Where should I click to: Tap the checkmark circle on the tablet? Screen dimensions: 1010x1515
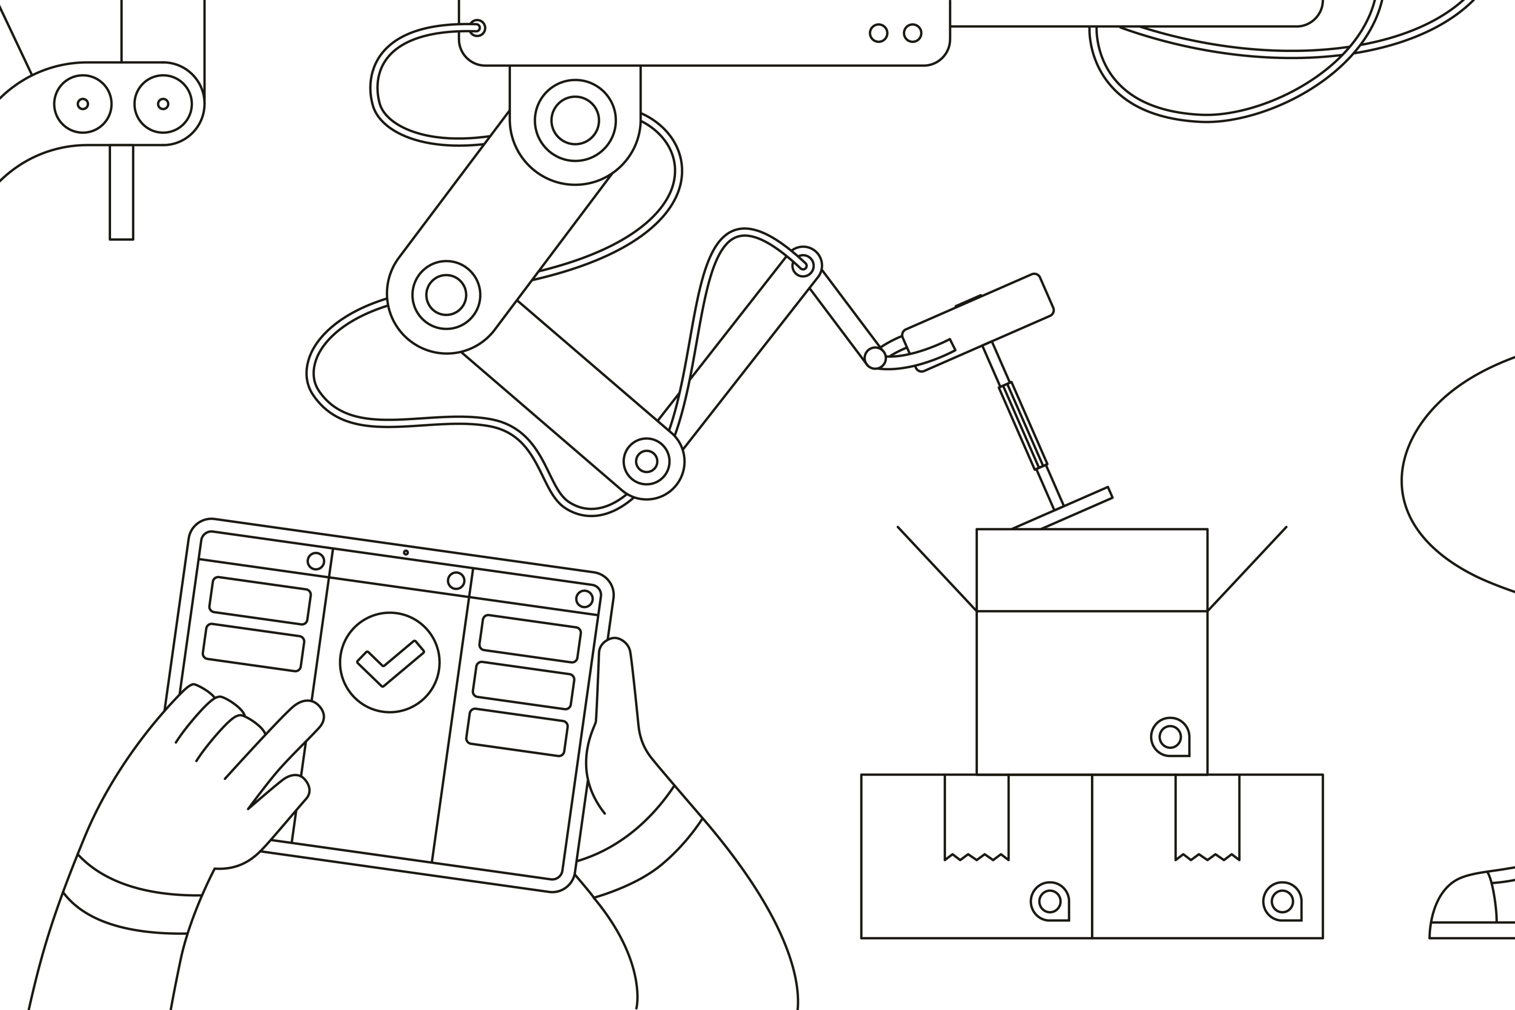pos(390,662)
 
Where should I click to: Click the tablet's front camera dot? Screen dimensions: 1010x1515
pos(405,552)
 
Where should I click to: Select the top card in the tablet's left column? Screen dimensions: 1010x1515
pos(260,600)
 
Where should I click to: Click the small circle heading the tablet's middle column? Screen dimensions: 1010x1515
pos(456,580)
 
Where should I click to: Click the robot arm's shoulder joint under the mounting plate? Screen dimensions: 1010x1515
pos(575,121)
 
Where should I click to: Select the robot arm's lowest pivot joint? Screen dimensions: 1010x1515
pos(646,461)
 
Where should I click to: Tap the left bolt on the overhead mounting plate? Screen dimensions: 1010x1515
pos(878,33)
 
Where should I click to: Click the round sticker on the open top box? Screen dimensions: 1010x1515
pos(1169,736)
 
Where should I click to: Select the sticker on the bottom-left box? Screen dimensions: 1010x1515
pos(1050,901)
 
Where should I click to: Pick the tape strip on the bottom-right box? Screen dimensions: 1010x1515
pos(1207,816)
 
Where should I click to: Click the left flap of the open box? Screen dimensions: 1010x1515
pos(937,569)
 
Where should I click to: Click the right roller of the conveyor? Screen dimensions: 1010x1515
pos(163,104)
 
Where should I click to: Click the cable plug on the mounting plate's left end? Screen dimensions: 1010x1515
pos(477,28)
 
